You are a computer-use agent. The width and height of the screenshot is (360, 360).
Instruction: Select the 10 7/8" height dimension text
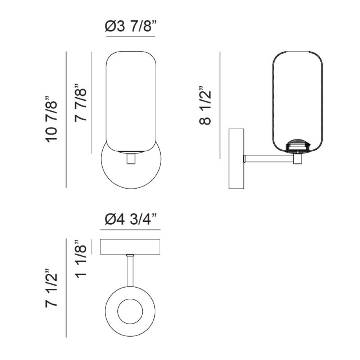pos(51,119)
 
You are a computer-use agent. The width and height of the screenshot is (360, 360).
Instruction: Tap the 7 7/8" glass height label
pos(80,102)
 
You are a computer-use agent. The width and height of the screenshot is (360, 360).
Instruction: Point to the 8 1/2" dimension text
pos(205,105)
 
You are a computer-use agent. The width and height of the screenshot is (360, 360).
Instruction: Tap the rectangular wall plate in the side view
pos(236,159)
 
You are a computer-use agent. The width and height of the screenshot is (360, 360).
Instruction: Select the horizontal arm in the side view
pos(269,159)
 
